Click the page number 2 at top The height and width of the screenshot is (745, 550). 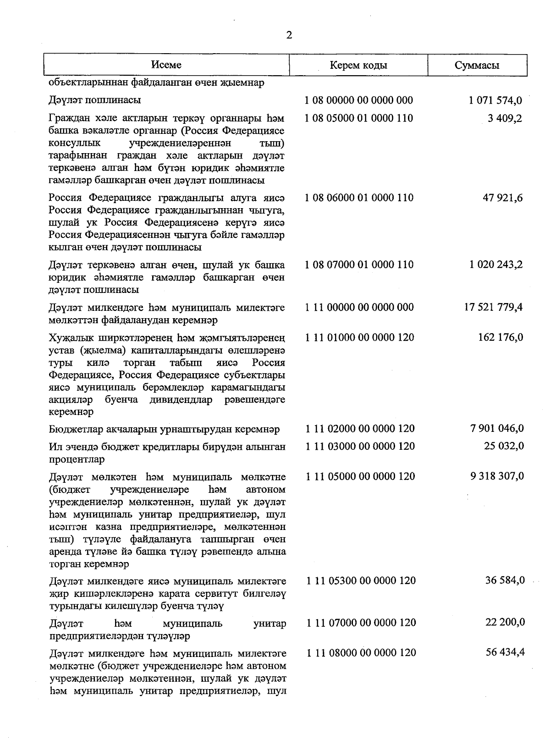pyautogui.click(x=289, y=35)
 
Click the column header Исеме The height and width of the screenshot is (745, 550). pyautogui.click(x=166, y=65)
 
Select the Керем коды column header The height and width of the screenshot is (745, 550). pyautogui.click(x=358, y=65)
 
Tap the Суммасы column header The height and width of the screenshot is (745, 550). pyautogui.click(x=477, y=65)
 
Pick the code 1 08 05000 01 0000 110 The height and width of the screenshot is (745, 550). pyautogui.click(x=359, y=118)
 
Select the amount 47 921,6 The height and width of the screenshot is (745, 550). pyautogui.click(x=502, y=198)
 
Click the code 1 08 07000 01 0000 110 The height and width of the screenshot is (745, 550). pyautogui.click(x=359, y=265)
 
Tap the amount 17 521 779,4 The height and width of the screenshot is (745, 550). pyautogui.click(x=493, y=307)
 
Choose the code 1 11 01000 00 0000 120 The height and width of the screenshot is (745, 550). pyautogui.click(x=359, y=337)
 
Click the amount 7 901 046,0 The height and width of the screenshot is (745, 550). pyautogui.click(x=497, y=429)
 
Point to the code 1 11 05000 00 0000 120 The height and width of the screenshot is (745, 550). pyautogui.click(x=360, y=476)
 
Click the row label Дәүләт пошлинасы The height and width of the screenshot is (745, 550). pyautogui.click(x=94, y=100)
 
